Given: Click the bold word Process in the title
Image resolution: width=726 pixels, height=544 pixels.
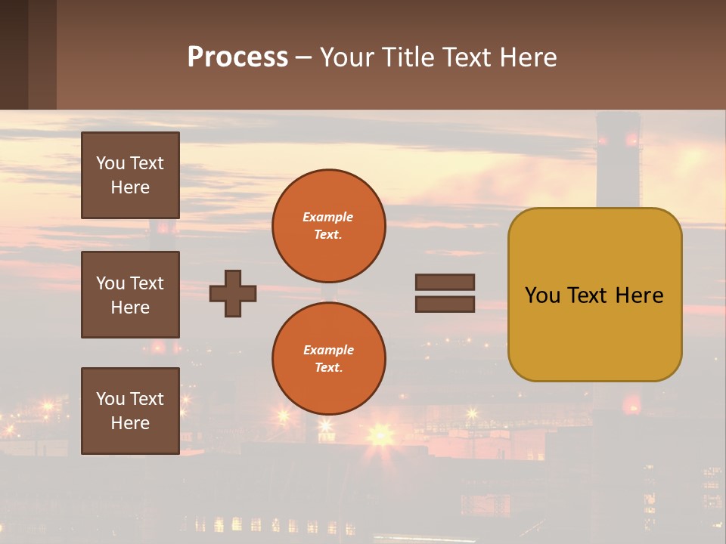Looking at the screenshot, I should click(x=237, y=57).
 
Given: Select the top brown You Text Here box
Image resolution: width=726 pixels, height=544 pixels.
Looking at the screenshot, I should click(x=130, y=175).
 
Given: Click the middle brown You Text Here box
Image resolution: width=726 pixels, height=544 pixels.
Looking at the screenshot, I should click(x=130, y=295).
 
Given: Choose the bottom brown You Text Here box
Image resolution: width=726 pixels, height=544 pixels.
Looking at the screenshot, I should click(x=130, y=410).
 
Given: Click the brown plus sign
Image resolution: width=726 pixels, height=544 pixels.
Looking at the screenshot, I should click(x=233, y=293).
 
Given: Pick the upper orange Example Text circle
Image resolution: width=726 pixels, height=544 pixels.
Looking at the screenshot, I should click(x=328, y=226).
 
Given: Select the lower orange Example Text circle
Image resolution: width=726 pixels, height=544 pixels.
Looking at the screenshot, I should click(x=328, y=359).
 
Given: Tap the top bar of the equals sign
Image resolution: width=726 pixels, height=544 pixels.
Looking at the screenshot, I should click(x=445, y=283).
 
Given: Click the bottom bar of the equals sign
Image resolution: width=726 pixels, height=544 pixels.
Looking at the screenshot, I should click(x=445, y=304).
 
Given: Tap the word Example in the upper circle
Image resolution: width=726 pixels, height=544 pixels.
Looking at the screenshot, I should click(x=327, y=217).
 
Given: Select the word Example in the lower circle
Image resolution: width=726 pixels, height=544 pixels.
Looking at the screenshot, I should click(x=328, y=350).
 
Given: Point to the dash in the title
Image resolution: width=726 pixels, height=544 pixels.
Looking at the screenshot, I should click(x=304, y=58).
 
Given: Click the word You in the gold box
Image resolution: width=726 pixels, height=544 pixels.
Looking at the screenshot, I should click(x=541, y=295).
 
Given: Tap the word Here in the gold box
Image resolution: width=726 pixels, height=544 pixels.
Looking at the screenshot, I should click(x=639, y=295).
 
